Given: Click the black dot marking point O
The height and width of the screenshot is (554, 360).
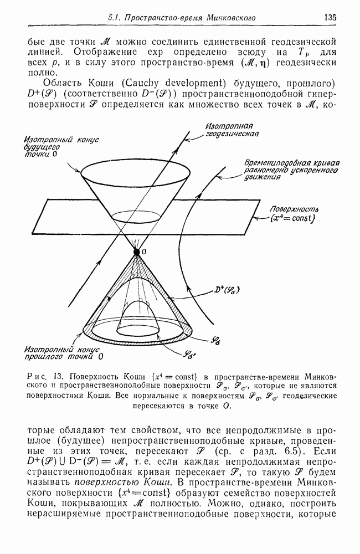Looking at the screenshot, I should [x=137, y=252].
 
